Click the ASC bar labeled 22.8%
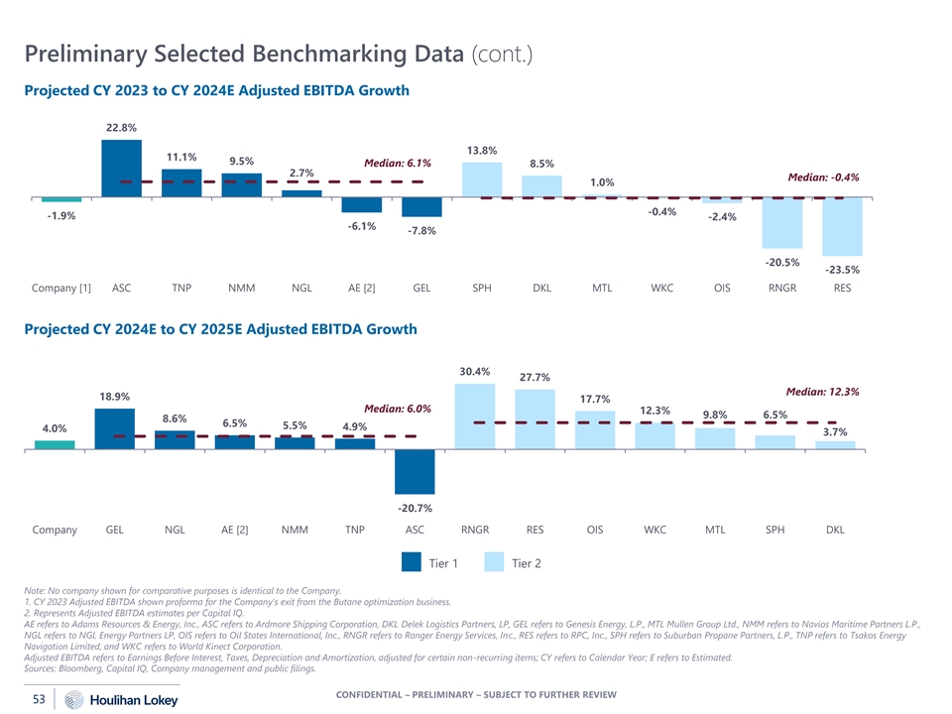click(x=121, y=169)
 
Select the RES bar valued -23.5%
click(x=842, y=227)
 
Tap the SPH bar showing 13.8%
click(x=482, y=180)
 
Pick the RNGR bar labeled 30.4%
click(x=475, y=416)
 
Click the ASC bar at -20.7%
click(x=415, y=471)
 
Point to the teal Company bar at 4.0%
click(x=55, y=444)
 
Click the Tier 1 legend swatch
click(x=413, y=563)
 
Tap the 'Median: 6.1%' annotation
click(x=398, y=163)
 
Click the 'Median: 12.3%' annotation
click(x=822, y=392)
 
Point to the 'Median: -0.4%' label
click(x=822, y=178)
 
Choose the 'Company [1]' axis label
click(x=61, y=289)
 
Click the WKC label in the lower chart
click(x=654, y=530)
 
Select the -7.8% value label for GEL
click(x=421, y=231)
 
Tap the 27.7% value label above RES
click(x=535, y=377)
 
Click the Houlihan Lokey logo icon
click(x=73, y=700)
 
